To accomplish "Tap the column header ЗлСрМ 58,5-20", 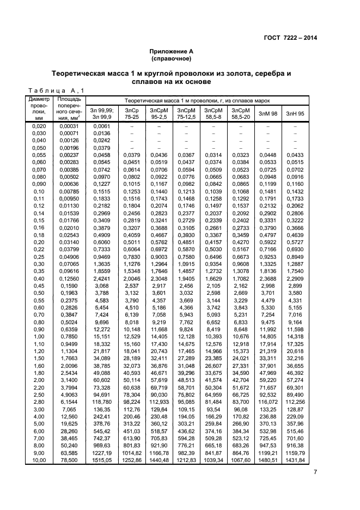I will click(240, 113).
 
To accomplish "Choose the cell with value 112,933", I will click(158, 400).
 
